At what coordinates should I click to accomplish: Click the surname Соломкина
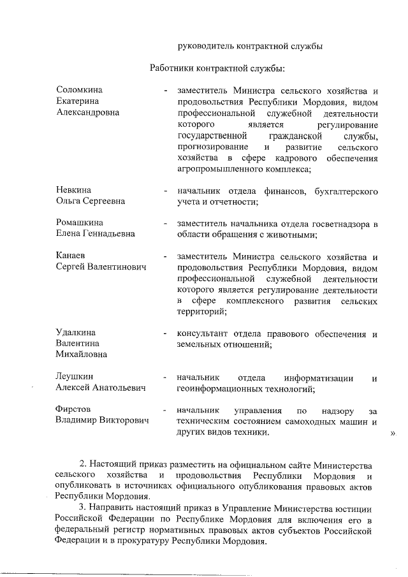80,90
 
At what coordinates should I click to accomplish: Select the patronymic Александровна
87,113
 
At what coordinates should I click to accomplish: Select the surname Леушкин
75,377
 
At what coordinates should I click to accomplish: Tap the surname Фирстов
74,409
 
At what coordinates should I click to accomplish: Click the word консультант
206,333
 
